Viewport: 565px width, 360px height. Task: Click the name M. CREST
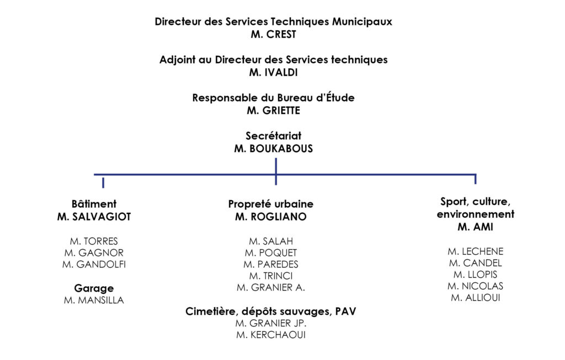pyautogui.click(x=274, y=35)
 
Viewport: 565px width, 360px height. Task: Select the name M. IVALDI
pyautogui.click(x=274, y=73)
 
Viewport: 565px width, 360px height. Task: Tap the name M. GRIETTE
pyautogui.click(x=274, y=110)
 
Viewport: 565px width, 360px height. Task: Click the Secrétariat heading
pyautogui.click(x=274, y=136)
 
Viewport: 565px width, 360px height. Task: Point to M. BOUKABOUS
pyautogui.click(x=274, y=149)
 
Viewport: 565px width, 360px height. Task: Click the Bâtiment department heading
pyautogui.click(x=94, y=204)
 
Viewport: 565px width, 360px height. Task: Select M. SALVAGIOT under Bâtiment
pyautogui.click(x=94, y=217)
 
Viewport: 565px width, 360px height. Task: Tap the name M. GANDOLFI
pyautogui.click(x=94, y=265)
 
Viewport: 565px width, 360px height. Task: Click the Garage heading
pyautogui.click(x=94, y=288)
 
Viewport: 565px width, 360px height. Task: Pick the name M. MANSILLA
pyautogui.click(x=94, y=300)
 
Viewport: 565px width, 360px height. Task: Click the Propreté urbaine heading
pyautogui.click(x=271, y=204)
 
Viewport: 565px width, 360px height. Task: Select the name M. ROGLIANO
pyautogui.click(x=271, y=217)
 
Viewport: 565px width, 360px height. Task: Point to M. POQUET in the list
pyautogui.click(x=271, y=253)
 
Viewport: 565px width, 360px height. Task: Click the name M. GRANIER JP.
pyautogui.click(x=271, y=323)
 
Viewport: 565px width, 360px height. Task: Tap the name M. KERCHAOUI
pyautogui.click(x=271, y=335)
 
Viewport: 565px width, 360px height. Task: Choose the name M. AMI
pyautogui.click(x=476, y=227)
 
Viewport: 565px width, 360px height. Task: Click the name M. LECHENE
pyautogui.click(x=476, y=251)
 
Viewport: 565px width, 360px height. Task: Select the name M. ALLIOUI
pyautogui.click(x=476, y=298)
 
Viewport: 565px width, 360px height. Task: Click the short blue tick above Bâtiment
pyautogui.click(x=103, y=182)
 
